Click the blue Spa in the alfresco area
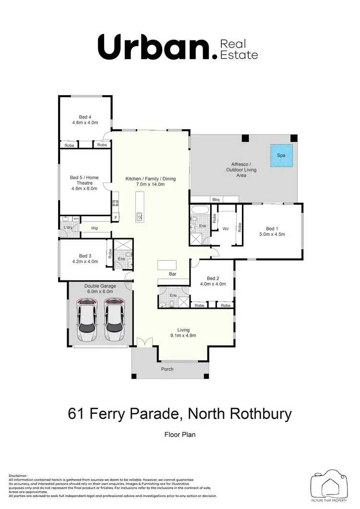(281, 156)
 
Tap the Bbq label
(216, 199)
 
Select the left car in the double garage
(87, 320)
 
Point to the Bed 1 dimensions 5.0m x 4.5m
(272, 235)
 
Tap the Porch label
(167, 369)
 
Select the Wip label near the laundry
(95, 229)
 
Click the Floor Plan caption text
(180, 435)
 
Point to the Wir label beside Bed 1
(226, 229)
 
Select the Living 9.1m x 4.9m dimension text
(183, 336)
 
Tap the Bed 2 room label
(213, 279)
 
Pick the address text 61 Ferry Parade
(126, 413)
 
